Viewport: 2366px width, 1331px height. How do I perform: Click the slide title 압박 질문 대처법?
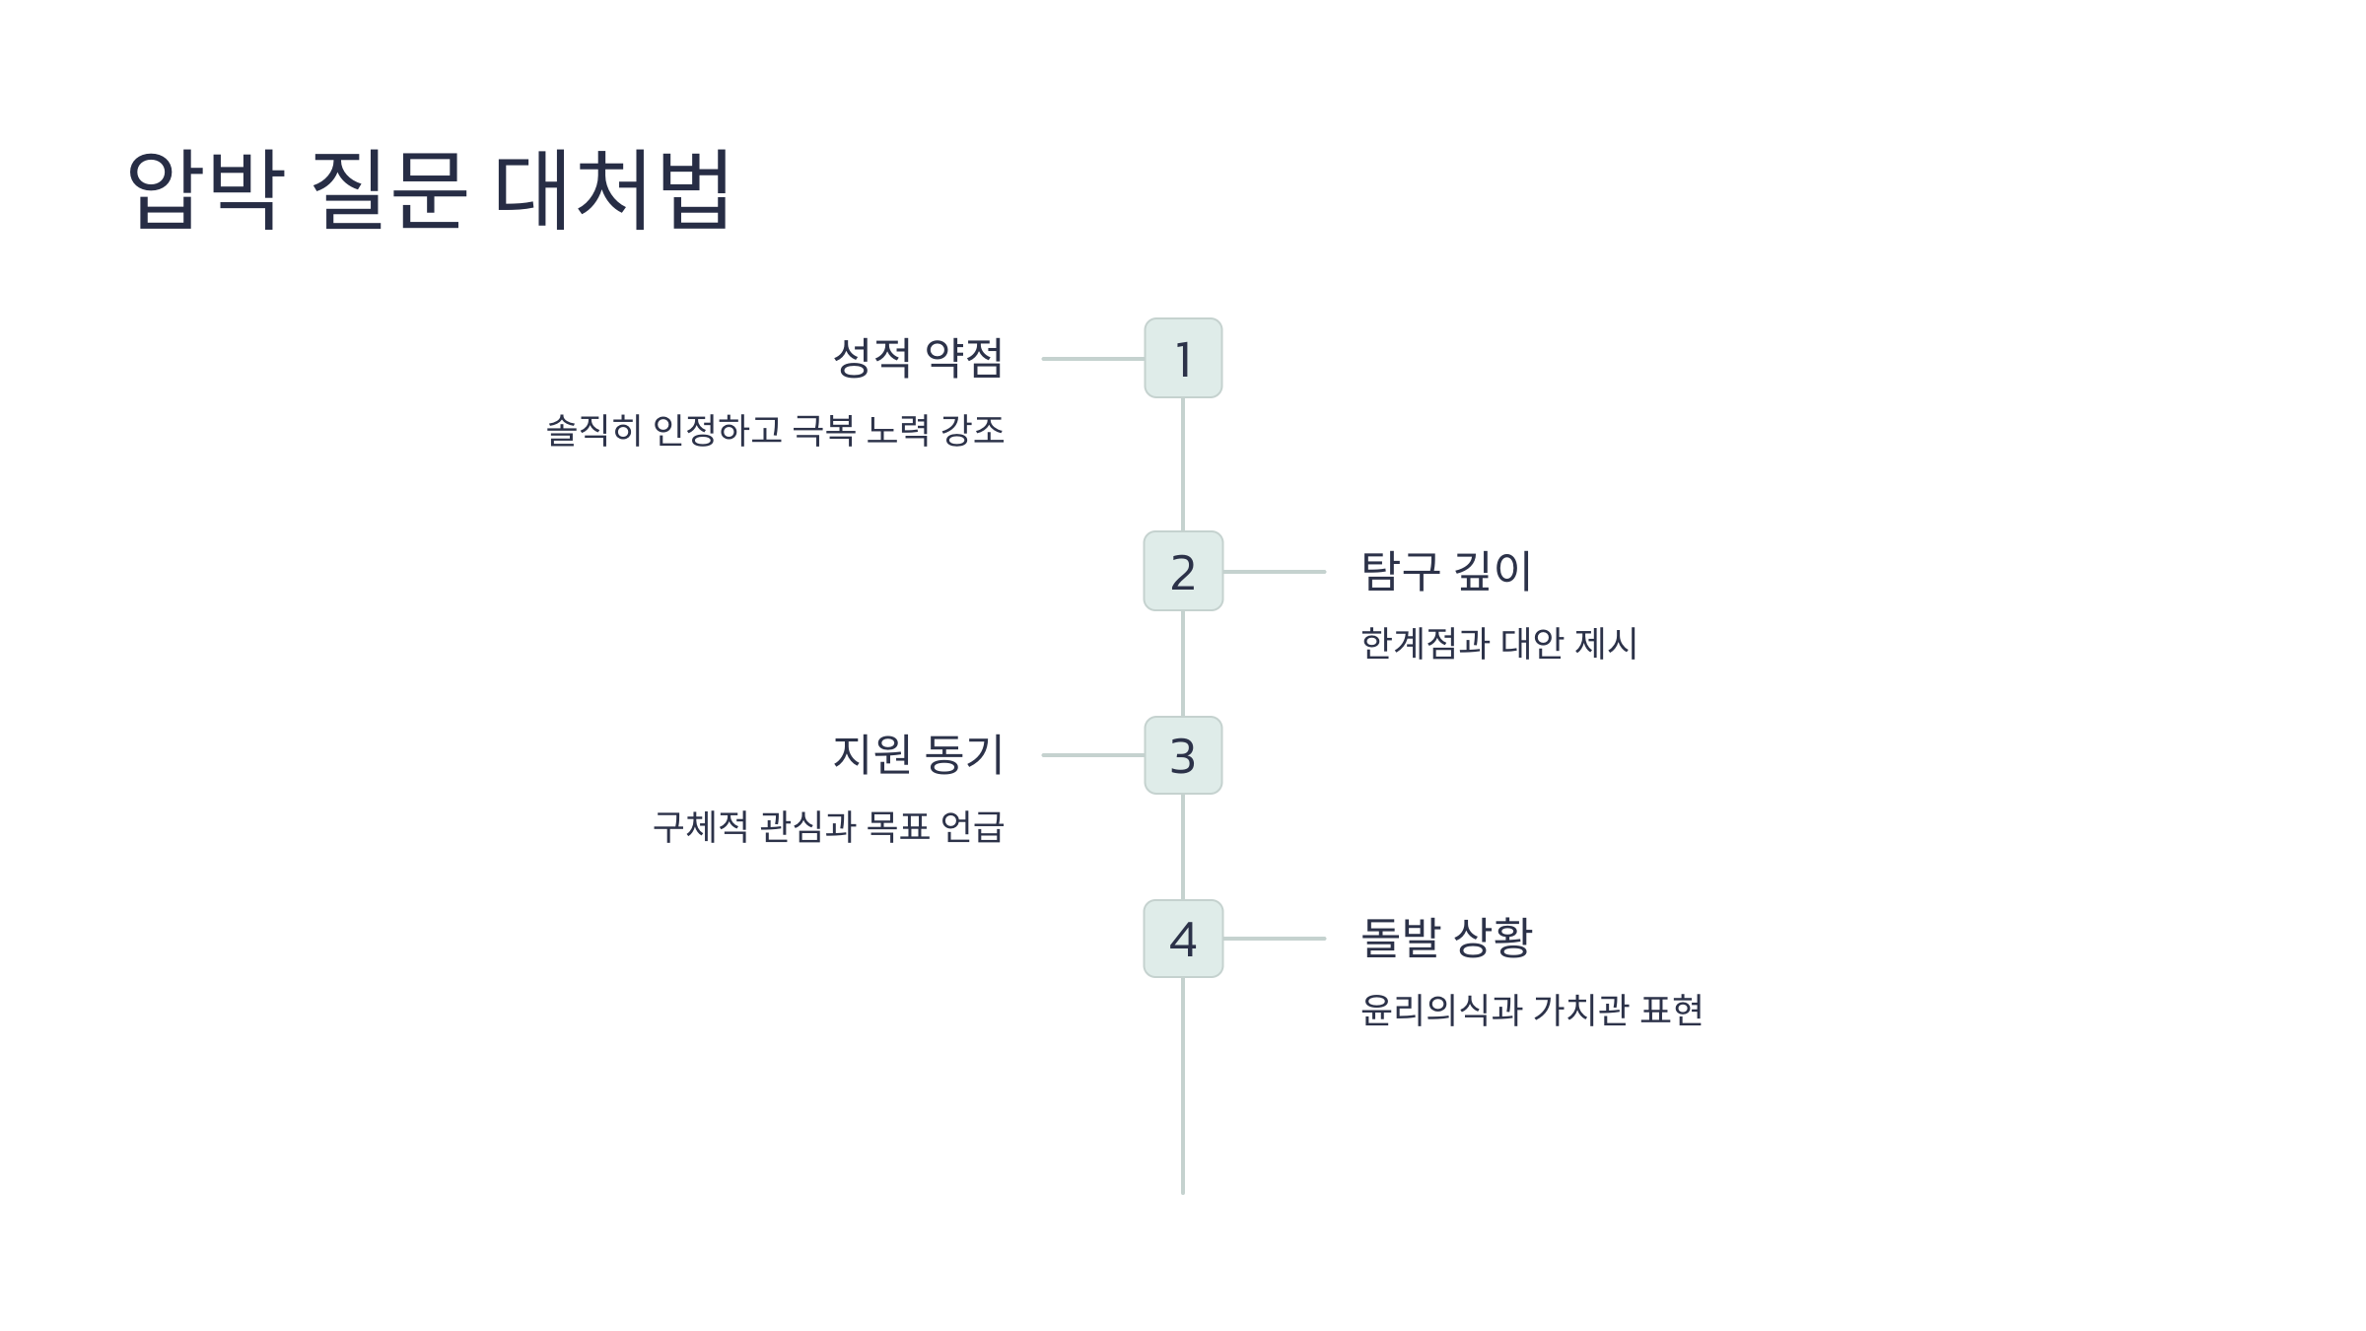point(429,189)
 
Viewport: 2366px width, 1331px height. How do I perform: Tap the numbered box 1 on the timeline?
point(1183,359)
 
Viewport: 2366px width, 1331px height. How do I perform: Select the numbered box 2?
point(1183,572)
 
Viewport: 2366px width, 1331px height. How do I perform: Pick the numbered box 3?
point(1183,755)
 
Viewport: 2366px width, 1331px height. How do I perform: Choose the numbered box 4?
point(1183,939)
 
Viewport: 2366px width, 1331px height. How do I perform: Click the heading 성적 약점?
point(918,358)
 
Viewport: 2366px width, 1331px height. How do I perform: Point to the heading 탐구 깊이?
point(1446,572)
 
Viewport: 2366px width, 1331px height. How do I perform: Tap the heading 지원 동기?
point(918,754)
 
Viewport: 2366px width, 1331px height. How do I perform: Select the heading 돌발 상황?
point(1446,938)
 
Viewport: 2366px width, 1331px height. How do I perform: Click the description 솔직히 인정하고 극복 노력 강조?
point(775,431)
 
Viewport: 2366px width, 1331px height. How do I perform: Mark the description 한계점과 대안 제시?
point(1498,644)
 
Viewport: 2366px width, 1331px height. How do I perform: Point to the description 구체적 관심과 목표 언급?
point(828,826)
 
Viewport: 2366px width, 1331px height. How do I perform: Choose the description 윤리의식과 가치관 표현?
point(1531,1011)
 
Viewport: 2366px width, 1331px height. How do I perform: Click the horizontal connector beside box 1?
point(1092,359)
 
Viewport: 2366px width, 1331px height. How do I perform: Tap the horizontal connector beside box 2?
point(1274,572)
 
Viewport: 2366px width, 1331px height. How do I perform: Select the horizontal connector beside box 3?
point(1092,755)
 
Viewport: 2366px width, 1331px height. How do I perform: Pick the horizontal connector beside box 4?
point(1274,939)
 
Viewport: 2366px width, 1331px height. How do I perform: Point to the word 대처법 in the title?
point(611,189)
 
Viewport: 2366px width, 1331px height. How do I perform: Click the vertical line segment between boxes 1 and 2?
point(1183,464)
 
